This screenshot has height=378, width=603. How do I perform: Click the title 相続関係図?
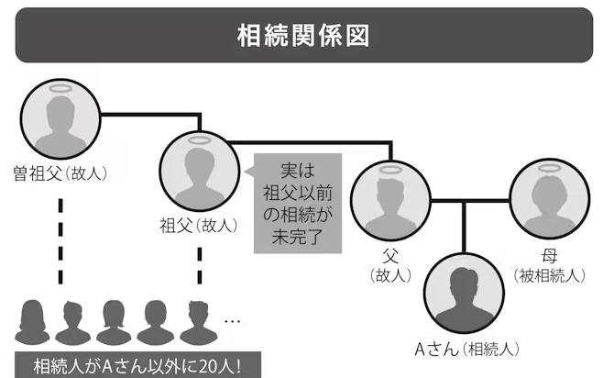[x=301, y=37]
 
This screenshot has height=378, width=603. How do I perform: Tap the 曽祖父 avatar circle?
[x=61, y=118]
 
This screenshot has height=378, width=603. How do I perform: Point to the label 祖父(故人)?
[x=199, y=224]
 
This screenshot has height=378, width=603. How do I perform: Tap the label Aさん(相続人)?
[x=467, y=348]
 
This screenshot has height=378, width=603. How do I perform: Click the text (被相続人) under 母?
[x=550, y=274]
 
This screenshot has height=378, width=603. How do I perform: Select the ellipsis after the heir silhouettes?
[x=232, y=320]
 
